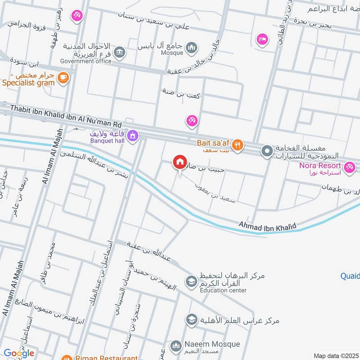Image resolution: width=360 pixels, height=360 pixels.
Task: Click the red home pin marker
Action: coord(180,162)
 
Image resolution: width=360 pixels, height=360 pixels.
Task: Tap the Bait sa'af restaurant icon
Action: coord(238,144)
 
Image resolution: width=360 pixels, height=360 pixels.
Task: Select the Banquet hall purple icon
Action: coord(133,135)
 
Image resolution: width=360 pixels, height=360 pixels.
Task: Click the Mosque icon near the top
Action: coord(192,47)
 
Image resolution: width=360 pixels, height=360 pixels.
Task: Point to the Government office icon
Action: coord(120,53)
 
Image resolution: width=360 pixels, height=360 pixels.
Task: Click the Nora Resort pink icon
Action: coord(348,169)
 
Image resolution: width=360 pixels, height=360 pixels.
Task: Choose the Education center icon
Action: coord(191,282)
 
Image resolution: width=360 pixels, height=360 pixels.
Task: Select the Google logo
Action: coord(19,353)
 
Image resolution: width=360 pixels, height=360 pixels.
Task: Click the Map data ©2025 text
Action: coord(335,355)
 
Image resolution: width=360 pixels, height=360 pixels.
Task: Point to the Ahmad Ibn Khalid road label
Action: coord(267,225)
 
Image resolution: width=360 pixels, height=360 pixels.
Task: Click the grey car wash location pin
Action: coord(267,151)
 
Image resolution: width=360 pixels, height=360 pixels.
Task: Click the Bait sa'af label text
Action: coord(213,143)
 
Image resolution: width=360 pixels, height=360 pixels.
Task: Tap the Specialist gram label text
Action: coord(28,82)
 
